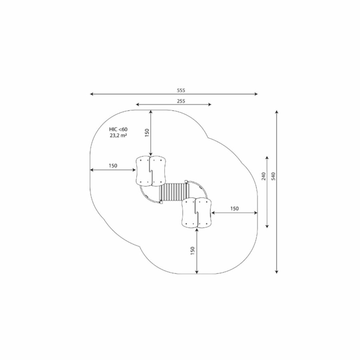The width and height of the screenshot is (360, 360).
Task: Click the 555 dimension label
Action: [181, 90]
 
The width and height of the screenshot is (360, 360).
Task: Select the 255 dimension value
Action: [181, 101]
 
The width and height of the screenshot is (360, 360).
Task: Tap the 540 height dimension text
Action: [273, 176]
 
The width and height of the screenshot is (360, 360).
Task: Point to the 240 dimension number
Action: [264, 176]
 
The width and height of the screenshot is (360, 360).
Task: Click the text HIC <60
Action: [118, 130]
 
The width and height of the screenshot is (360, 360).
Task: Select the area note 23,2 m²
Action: [118, 136]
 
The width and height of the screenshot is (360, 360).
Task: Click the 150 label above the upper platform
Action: [147, 133]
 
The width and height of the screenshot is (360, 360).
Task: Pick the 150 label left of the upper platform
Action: [113, 166]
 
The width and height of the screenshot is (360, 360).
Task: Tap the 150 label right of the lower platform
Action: [234, 208]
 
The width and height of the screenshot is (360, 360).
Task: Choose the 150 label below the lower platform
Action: [193, 251]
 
